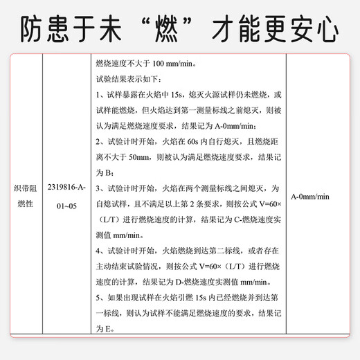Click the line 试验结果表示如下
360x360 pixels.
pyautogui.click(x=128, y=80)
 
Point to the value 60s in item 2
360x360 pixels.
pyautogui.click(x=193, y=142)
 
